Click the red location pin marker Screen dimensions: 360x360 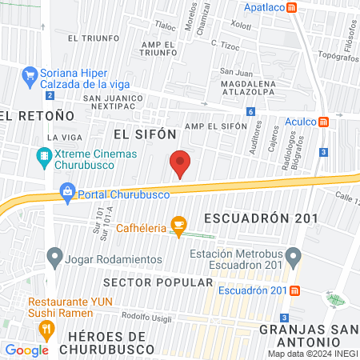181,164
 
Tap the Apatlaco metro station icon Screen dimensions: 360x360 294,7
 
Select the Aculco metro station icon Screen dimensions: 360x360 324,122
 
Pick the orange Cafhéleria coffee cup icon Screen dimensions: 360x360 178,227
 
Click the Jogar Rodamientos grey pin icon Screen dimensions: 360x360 54,258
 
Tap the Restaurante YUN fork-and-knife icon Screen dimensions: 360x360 46,328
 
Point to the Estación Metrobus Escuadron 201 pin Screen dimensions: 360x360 294,258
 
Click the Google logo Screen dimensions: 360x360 26,350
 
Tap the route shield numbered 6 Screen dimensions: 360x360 250,112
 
